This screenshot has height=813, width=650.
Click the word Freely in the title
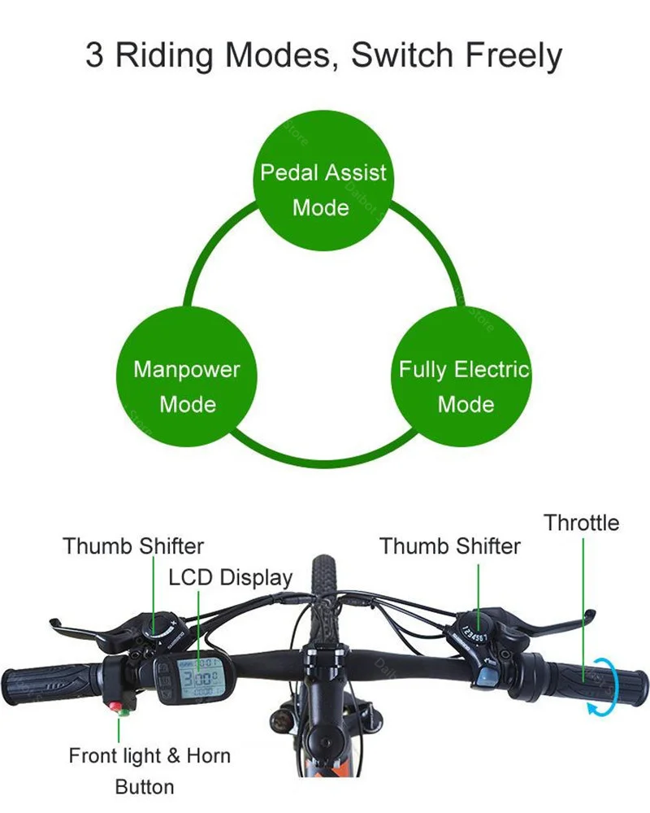[x=513, y=56]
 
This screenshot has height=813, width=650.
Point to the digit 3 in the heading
[x=95, y=56]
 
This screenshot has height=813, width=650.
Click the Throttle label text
[x=581, y=522]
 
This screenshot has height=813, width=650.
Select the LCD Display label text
[x=230, y=577]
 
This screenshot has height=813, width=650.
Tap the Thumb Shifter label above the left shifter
[x=133, y=546]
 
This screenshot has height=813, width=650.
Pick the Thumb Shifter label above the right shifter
[x=449, y=546]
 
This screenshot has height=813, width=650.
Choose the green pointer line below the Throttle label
[x=583, y=602]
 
